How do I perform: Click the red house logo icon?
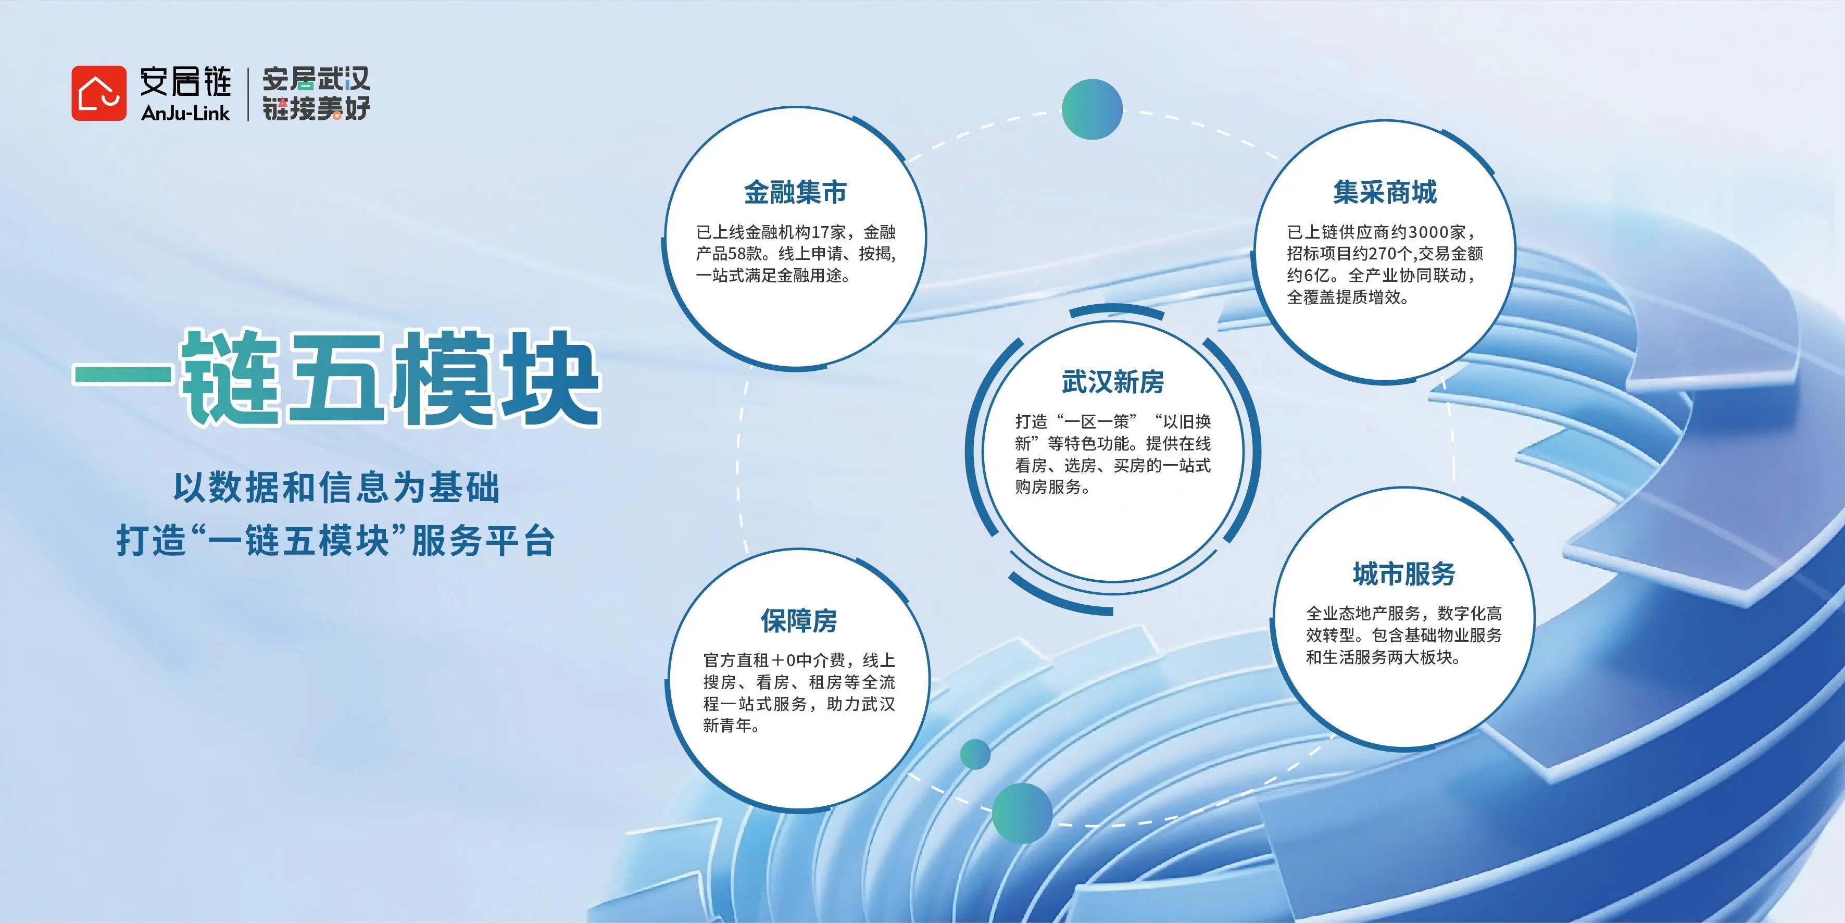[99, 93]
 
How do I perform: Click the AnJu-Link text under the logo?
[185, 113]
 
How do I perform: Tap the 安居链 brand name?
[185, 81]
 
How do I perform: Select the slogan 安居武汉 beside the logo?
[316, 79]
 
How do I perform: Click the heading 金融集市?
[795, 192]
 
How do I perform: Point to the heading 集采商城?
[1385, 192]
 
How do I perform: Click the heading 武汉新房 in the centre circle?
[1112, 382]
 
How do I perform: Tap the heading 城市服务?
[1404, 573]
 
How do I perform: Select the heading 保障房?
[799, 620]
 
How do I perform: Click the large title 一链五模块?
[336, 378]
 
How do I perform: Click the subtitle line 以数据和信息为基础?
[336, 488]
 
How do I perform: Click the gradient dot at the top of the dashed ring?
[1091, 109]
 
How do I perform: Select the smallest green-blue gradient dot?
[975, 754]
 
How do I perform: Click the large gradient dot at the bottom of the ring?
[1022, 813]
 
